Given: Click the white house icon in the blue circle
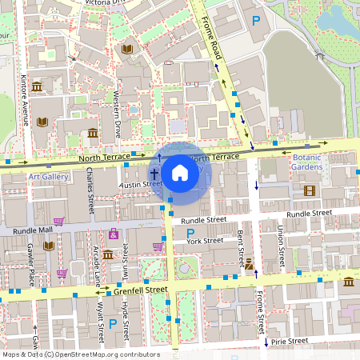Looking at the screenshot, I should (x=180, y=173).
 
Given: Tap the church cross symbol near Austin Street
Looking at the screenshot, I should (x=154, y=173).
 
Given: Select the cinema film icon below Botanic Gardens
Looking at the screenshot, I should (x=310, y=190).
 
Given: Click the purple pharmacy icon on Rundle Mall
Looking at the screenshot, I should (x=114, y=234).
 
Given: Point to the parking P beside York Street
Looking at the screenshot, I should (x=190, y=232).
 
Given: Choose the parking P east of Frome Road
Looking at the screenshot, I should (x=256, y=20).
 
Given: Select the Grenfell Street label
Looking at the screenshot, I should (x=140, y=290).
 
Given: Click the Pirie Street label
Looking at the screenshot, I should (x=290, y=342).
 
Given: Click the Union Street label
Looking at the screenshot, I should (x=281, y=246).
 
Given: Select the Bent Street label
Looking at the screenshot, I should (x=240, y=247).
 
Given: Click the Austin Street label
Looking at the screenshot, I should (x=141, y=185).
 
